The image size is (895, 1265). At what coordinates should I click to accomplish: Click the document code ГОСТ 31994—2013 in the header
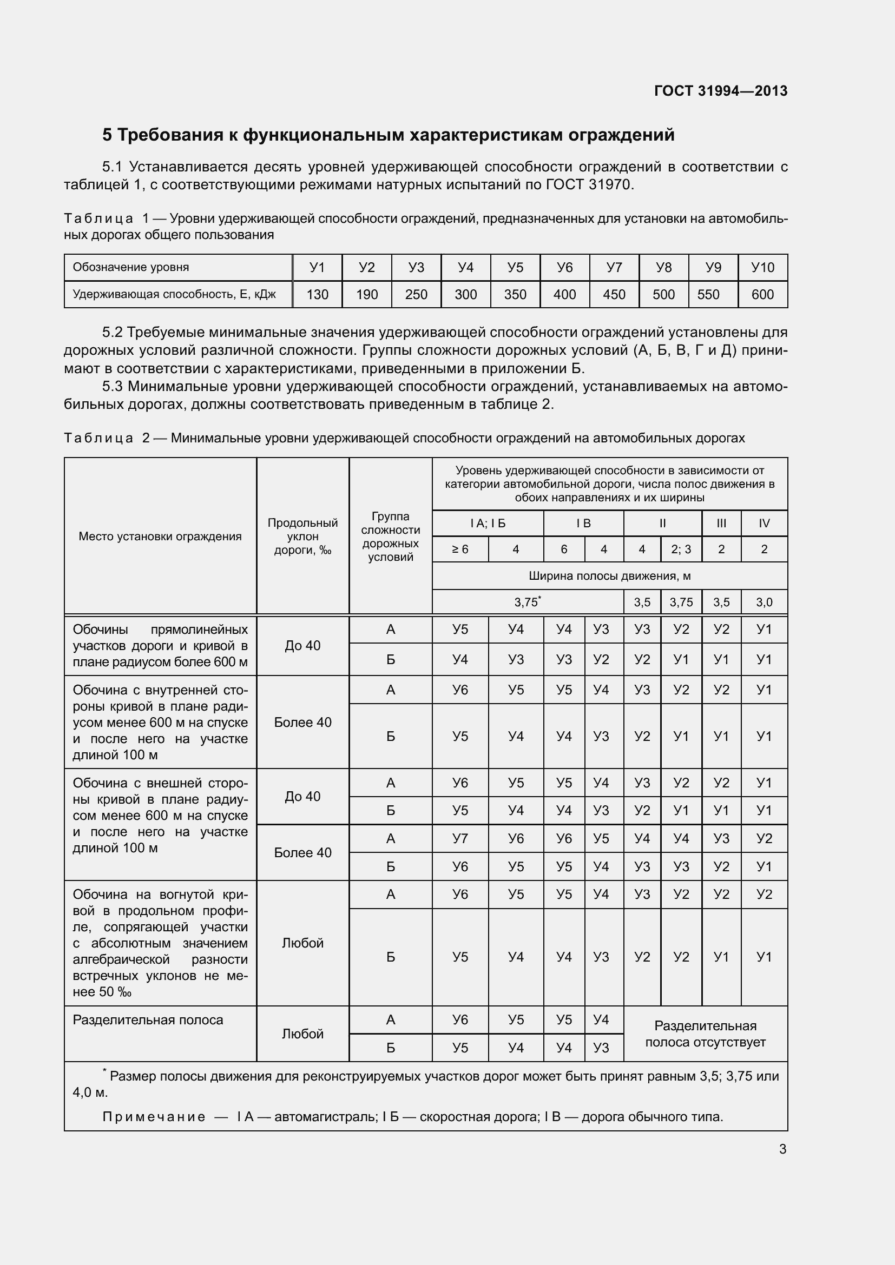point(720,91)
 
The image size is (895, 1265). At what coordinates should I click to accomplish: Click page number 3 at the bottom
point(782,1149)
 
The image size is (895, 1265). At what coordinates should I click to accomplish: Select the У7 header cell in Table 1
point(614,267)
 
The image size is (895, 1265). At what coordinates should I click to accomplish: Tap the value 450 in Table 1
point(614,294)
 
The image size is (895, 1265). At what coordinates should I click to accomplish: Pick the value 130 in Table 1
point(318,294)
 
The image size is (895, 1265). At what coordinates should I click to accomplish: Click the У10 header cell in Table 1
point(763,267)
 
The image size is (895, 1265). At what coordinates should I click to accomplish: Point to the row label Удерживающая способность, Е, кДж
point(174,294)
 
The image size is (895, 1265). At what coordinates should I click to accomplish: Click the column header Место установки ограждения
point(160,536)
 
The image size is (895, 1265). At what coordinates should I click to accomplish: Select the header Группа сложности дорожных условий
point(390,536)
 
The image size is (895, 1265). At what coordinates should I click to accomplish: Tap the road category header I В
point(583,523)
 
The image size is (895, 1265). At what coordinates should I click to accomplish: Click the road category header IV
point(764,523)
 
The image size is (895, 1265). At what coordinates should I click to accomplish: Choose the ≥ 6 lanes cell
point(460,549)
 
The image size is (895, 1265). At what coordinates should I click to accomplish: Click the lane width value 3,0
point(764,602)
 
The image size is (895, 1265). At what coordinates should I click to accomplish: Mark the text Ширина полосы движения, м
point(609,576)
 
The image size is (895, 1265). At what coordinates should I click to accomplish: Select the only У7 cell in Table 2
point(460,839)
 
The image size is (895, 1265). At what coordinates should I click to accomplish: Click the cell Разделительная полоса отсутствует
point(705,1034)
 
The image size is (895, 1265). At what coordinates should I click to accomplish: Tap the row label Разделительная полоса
point(148,1019)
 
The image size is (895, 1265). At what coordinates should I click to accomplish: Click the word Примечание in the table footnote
point(154,1116)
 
